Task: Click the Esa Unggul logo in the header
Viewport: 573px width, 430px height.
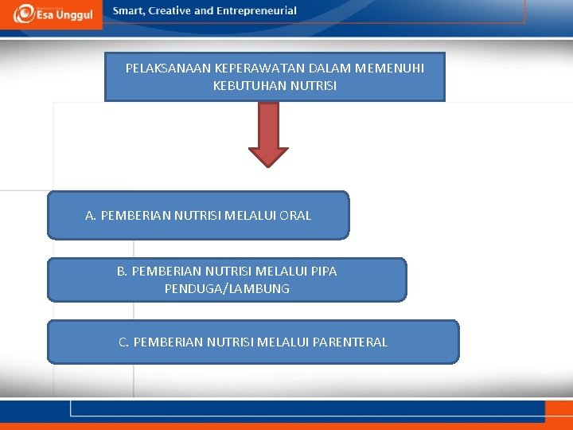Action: pyautogui.click(x=51, y=14)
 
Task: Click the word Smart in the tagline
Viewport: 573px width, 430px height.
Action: pyautogui.click(x=130, y=11)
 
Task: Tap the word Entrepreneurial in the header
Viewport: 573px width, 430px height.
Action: pyautogui.click(x=256, y=11)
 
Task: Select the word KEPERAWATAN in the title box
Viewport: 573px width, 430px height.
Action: pyautogui.click(x=260, y=68)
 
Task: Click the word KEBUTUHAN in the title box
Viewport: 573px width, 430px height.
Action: pyautogui.click(x=244, y=85)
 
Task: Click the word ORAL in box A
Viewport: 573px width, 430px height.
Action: pyautogui.click(x=294, y=215)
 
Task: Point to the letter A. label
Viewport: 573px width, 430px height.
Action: pyautogui.click(x=91, y=215)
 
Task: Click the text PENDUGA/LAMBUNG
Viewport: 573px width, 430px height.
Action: pyautogui.click(x=227, y=289)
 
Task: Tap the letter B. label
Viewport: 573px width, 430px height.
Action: pyautogui.click(x=123, y=272)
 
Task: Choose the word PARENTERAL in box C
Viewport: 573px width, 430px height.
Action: pyautogui.click(x=351, y=342)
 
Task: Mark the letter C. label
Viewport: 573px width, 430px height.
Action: pyautogui.click(x=124, y=342)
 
